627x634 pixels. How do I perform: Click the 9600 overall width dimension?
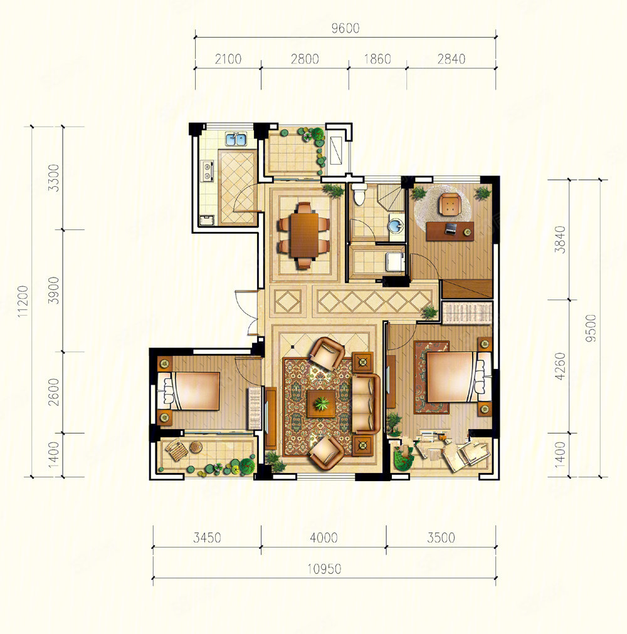[x=345, y=28]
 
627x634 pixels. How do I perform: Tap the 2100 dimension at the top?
[x=228, y=59]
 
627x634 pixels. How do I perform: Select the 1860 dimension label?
[x=377, y=59]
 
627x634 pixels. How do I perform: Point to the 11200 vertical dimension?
[x=23, y=301]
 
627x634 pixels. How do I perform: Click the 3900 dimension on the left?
[x=53, y=290]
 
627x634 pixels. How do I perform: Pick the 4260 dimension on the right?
[x=560, y=366]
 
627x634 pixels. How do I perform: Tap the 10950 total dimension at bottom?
[x=324, y=569]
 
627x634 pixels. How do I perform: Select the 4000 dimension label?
[x=324, y=538]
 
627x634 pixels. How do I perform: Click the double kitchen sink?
[x=236, y=140]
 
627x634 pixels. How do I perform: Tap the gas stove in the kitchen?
[x=208, y=170]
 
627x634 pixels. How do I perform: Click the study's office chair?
[x=450, y=204]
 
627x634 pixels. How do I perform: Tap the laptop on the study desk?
[x=451, y=229]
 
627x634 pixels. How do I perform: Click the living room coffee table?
[x=322, y=403]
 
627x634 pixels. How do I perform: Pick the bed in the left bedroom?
[x=189, y=391]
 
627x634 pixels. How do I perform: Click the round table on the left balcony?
[x=196, y=447]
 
